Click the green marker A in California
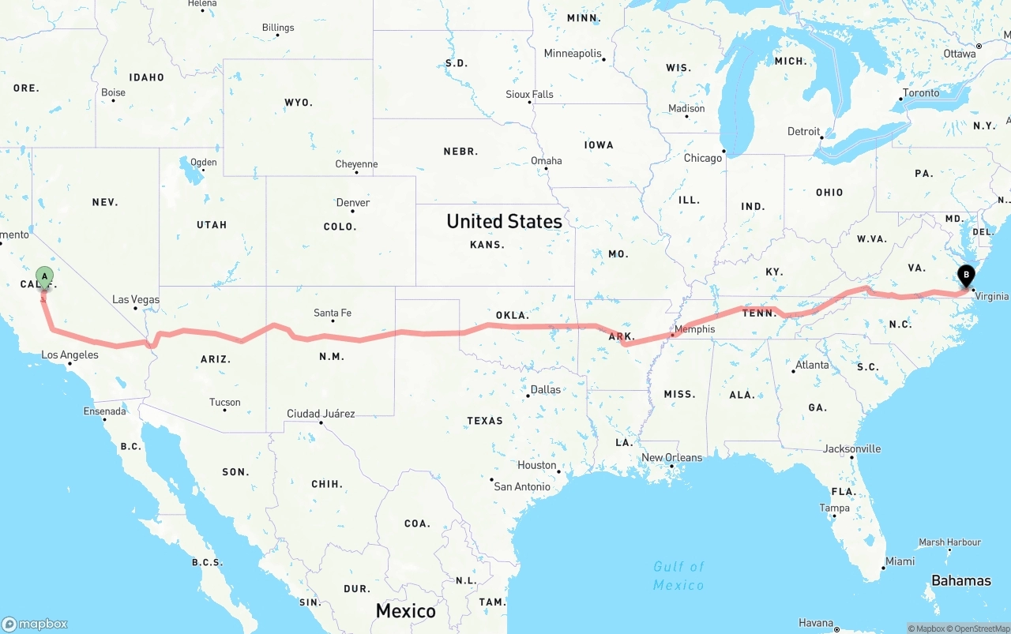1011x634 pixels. click(x=45, y=277)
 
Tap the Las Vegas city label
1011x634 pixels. click(x=135, y=299)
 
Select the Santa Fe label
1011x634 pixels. click(x=332, y=313)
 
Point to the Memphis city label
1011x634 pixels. click(x=694, y=329)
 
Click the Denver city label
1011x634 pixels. click(x=352, y=203)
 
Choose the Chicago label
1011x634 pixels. click(x=702, y=158)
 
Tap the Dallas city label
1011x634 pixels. click(x=545, y=389)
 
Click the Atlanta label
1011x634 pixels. click(x=812, y=365)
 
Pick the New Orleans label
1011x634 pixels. click(x=671, y=458)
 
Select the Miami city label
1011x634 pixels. click(x=900, y=561)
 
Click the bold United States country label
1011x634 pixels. click(x=504, y=221)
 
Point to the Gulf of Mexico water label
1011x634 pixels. click(x=678, y=576)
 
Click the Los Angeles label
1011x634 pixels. click(x=70, y=355)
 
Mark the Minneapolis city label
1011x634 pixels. click(x=573, y=54)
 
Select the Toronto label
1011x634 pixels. click(x=921, y=93)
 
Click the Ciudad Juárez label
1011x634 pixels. click(x=320, y=414)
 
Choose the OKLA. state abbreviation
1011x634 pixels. click(x=512, y=315)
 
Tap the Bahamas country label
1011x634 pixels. click(x=960, y=580)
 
